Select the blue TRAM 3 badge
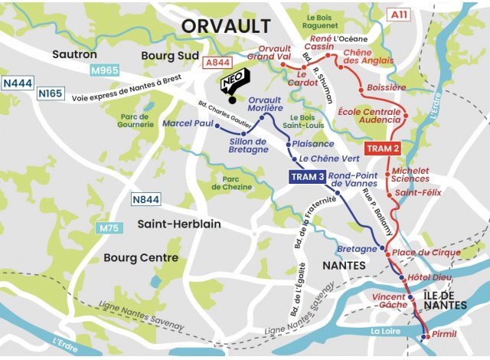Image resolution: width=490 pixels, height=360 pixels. coord(308,177)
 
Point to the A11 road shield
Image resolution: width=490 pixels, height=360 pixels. coord(397,15)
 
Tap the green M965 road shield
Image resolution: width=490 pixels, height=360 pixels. coord(105,71)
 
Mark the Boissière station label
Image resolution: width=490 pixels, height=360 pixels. coord(387,88)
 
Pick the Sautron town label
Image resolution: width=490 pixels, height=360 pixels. coord(74,54)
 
